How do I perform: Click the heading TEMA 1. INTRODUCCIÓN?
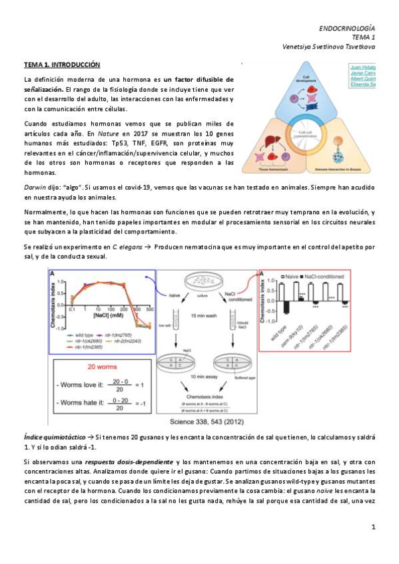pos(62,65)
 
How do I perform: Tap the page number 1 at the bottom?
pos(374,527)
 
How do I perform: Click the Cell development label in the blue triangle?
pos(307,78)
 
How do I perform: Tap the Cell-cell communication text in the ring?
pos(306,134)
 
